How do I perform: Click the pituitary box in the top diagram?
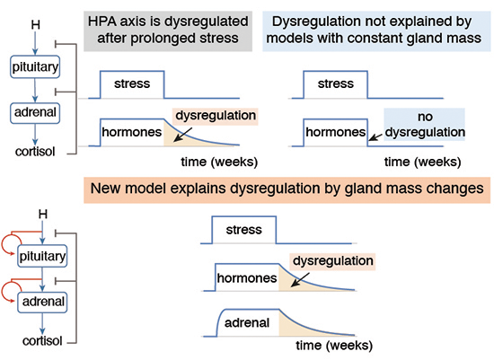pyautogui.click(x=35, y=66)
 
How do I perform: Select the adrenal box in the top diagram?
pyautogui.click(x=35, y=112)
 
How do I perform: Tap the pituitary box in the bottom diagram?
pyautogui.click(x=42, y=256)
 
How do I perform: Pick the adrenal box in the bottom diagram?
pyautogui.click(x=42, y=302)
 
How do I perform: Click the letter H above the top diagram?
pyautogui.click(x=35, y=24)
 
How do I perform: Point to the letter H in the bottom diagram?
pyautogui.click(x=43, y=215)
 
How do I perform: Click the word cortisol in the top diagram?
pyautogui.click(x=35, y=152)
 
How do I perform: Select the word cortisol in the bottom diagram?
pyautogui.click(x=42, y=341)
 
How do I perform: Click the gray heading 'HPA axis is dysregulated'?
pyautogui.click(x=168, y=31)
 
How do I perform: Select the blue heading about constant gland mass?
pyautogui.click(x=374, y=31)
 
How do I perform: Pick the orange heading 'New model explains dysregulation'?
pyautogui.click(x=287, y=189)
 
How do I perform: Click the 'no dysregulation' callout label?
pyautogui.click(x=425, y=125)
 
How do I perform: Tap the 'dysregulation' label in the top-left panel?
pyautogui.click(x=216, y=116)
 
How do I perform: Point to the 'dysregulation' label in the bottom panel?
pyautogui.click(x=332, y=261)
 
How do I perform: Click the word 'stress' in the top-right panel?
pyautogui.click(x=336, y=83)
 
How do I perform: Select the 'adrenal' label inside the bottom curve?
pyautogui.click(x=247, y=323)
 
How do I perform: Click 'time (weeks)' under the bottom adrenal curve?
pyautogui.click(x=334, y=346)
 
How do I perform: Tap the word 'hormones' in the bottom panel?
pyautogui.click(x=247, y=278)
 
